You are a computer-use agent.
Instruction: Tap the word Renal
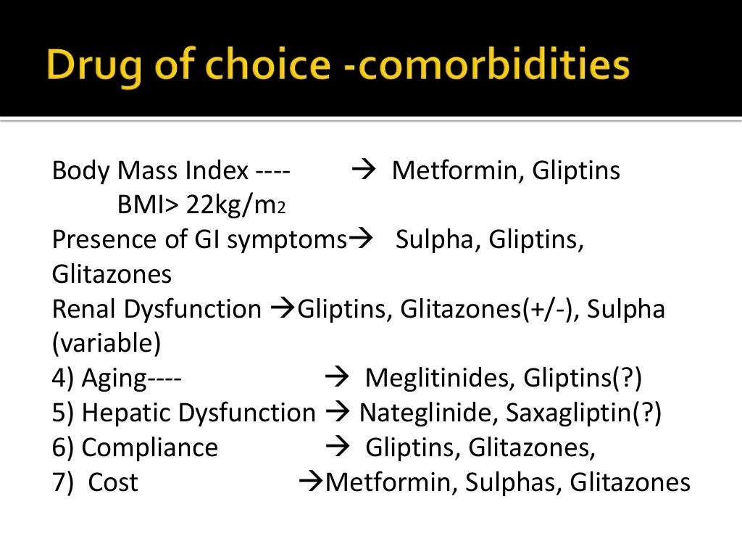[x=84, y=310]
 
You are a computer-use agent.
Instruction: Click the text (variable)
[x=107, y=344]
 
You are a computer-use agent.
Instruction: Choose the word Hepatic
[x=126, y=413]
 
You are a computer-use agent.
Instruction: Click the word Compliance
[x=149, y=447]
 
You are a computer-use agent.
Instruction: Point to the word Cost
[x=112, y=482]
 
